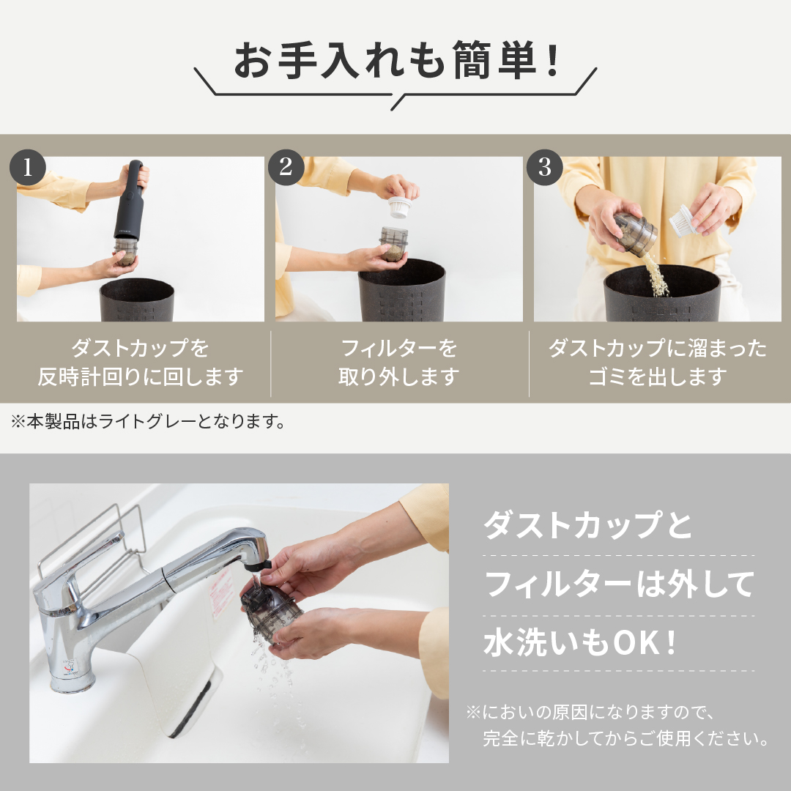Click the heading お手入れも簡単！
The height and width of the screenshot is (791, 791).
click(395, 62)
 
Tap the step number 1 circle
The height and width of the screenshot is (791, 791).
click(28, 168)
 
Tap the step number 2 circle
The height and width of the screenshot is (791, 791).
click(286, 168)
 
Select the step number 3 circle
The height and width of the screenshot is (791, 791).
click(544, 168)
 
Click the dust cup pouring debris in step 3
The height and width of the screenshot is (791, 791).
click(636, 233)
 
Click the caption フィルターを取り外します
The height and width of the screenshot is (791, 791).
click(398, 363)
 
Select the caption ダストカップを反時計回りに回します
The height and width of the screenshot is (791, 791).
click(140, 363)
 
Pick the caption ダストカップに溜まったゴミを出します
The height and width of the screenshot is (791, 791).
click(657, 363)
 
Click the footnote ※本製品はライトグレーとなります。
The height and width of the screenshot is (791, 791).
click(146, 422)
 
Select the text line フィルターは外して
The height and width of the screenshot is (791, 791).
click(619, 584)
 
